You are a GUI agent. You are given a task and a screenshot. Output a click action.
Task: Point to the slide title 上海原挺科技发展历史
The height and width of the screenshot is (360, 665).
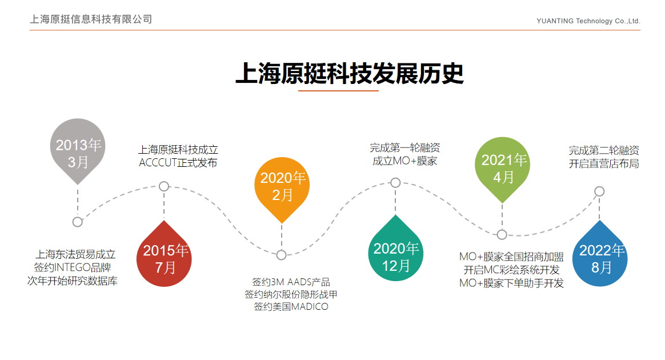point(350,73)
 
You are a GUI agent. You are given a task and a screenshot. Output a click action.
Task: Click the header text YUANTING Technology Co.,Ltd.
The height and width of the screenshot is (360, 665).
point(588,21)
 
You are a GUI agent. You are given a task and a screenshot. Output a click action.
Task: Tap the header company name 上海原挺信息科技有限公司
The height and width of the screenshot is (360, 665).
point(91,19)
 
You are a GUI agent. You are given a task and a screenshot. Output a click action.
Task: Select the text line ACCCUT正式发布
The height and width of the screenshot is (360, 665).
point(178,163)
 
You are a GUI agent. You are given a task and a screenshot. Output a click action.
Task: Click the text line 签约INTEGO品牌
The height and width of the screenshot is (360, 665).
point(73,267)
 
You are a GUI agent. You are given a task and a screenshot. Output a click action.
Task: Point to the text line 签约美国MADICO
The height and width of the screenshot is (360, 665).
point(291,307)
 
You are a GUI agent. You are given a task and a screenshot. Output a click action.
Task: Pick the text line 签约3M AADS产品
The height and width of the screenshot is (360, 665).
point(291,282)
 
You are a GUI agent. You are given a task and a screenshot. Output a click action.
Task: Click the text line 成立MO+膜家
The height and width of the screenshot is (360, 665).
point(404,161)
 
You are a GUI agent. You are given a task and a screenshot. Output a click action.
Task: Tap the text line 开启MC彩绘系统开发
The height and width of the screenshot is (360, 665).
point(511,270)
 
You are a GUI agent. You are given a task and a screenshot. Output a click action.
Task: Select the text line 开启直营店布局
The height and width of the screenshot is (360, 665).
point(604,163)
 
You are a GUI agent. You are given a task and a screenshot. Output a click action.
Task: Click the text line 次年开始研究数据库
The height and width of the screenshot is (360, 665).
point(73,281)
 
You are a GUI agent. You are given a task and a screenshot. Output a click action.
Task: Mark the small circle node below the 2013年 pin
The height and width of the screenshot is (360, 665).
point(77,222)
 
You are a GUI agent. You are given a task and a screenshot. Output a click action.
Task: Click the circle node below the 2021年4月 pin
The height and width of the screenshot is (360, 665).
point(502,234)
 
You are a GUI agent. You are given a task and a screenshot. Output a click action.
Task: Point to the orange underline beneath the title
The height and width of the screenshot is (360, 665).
point(338,91)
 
